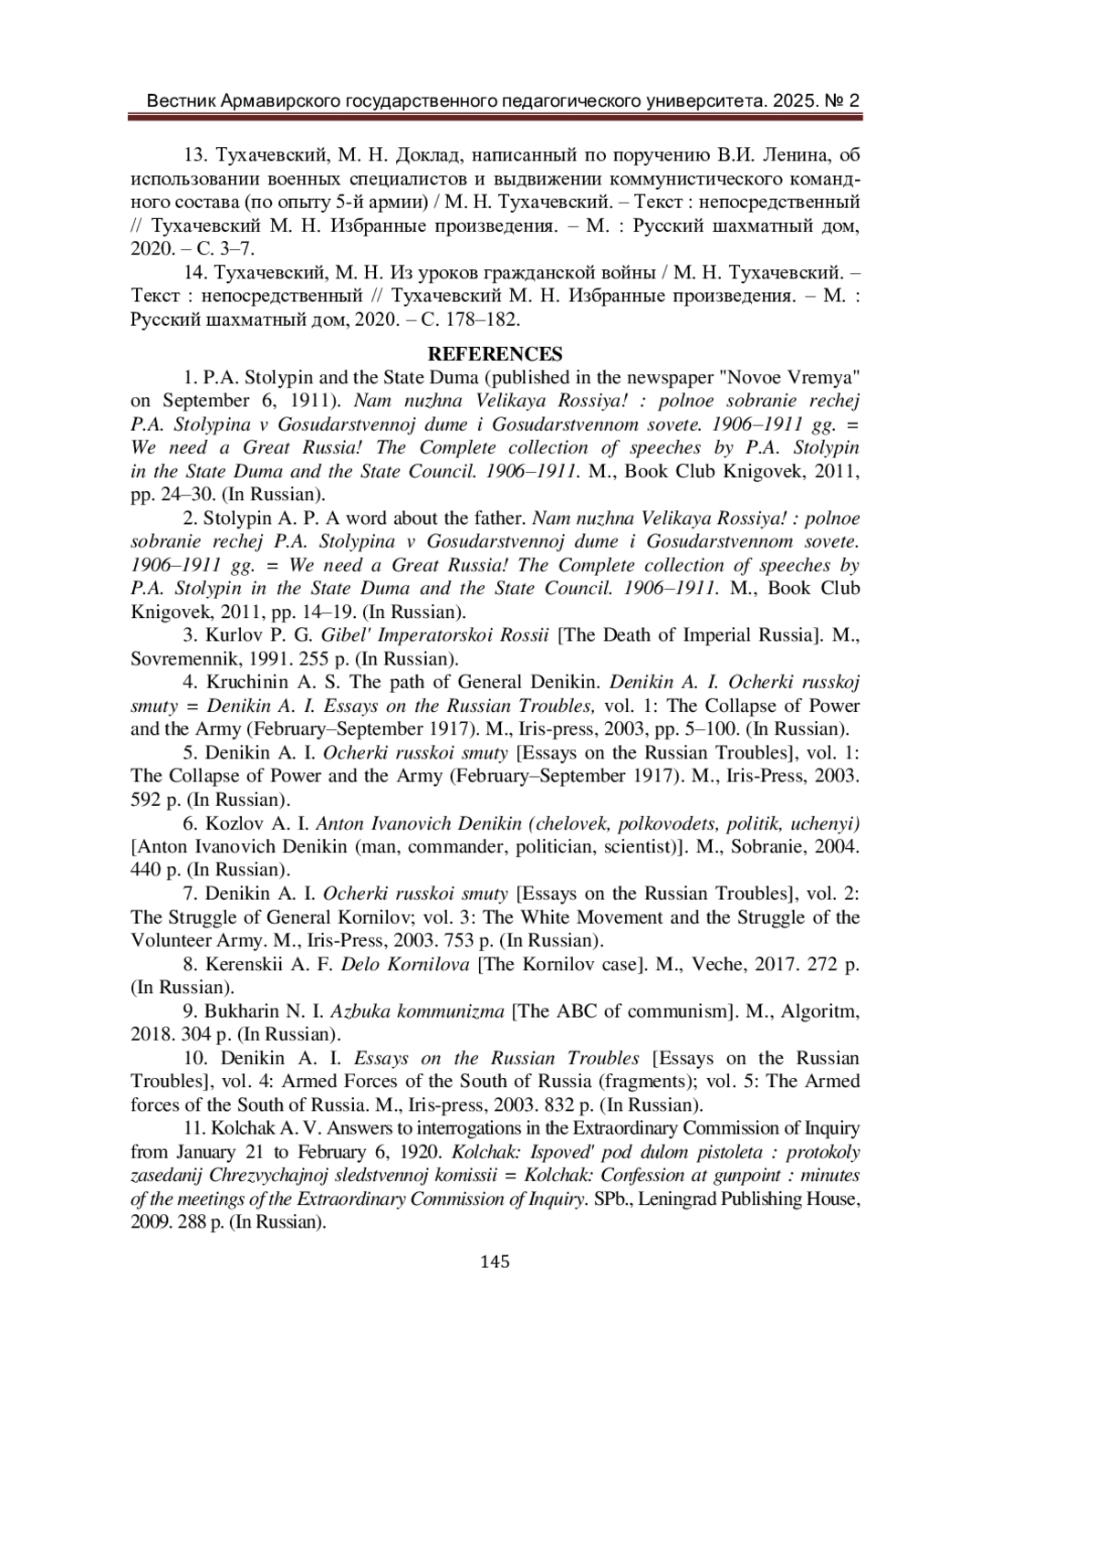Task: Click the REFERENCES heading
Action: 495,354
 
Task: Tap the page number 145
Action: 495,1261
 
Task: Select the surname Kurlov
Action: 235,635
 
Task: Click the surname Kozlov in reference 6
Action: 236,823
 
